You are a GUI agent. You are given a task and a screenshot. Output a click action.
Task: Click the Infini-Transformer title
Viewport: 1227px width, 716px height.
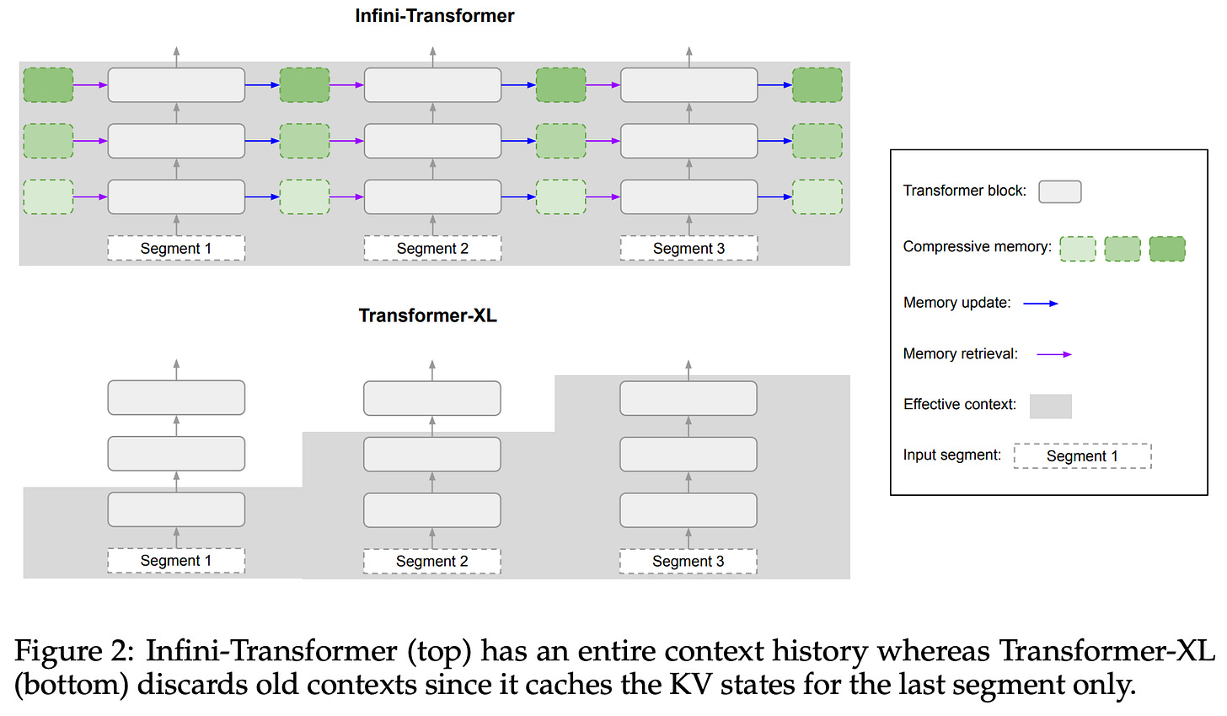pos(434,15)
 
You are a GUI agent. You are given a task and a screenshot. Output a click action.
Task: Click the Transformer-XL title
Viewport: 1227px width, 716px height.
pos(428,315)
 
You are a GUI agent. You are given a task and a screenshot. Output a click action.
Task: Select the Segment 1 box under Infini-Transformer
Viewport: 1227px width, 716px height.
pos(176,248)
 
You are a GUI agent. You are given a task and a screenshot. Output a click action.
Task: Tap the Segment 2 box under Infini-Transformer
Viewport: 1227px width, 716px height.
pos(432,248)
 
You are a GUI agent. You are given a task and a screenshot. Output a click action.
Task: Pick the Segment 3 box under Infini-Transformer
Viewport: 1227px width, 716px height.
pos(689,248)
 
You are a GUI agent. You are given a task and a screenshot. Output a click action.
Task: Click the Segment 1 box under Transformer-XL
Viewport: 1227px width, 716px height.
pos(176,561)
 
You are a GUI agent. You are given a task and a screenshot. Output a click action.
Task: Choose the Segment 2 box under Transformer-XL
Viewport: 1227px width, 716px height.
pos(431,562)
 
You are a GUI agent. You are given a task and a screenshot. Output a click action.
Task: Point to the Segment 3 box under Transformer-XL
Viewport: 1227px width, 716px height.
pos(688,562)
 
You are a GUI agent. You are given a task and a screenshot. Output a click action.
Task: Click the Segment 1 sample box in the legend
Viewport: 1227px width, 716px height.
pos(1082,456)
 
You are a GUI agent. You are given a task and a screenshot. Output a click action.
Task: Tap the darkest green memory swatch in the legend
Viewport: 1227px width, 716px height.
pos(1167,249)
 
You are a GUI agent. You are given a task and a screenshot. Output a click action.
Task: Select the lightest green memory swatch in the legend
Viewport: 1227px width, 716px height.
pos(1078,249)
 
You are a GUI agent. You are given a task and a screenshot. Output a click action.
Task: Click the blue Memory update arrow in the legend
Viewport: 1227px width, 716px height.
pos(1041,303)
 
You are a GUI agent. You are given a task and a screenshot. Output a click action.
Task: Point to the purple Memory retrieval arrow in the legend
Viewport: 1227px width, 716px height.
pos(1054,354)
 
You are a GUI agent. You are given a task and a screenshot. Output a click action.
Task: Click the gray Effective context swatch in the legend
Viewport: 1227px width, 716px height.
pos(1051,406)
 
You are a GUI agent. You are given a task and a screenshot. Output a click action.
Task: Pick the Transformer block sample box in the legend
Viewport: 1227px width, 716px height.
pos(1060,192)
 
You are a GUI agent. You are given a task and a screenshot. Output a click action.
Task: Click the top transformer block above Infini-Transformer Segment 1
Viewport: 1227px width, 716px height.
pos(176,85)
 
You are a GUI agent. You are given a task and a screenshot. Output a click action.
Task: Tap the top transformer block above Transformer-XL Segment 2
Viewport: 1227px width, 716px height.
pos(432,398)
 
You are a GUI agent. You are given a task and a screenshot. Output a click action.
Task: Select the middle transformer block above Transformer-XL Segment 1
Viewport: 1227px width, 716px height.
pos(176,454)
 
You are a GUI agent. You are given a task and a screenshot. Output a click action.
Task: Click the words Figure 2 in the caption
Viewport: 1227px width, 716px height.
pos(74,651)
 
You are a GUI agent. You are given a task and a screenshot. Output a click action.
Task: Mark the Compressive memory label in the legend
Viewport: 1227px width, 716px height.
pos(978,247)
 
